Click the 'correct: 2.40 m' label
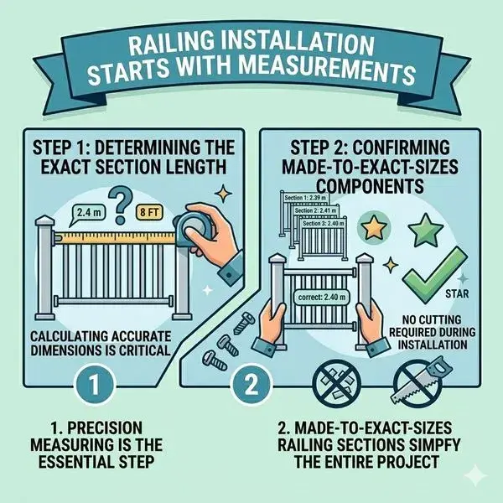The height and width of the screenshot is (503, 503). (321, 296)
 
